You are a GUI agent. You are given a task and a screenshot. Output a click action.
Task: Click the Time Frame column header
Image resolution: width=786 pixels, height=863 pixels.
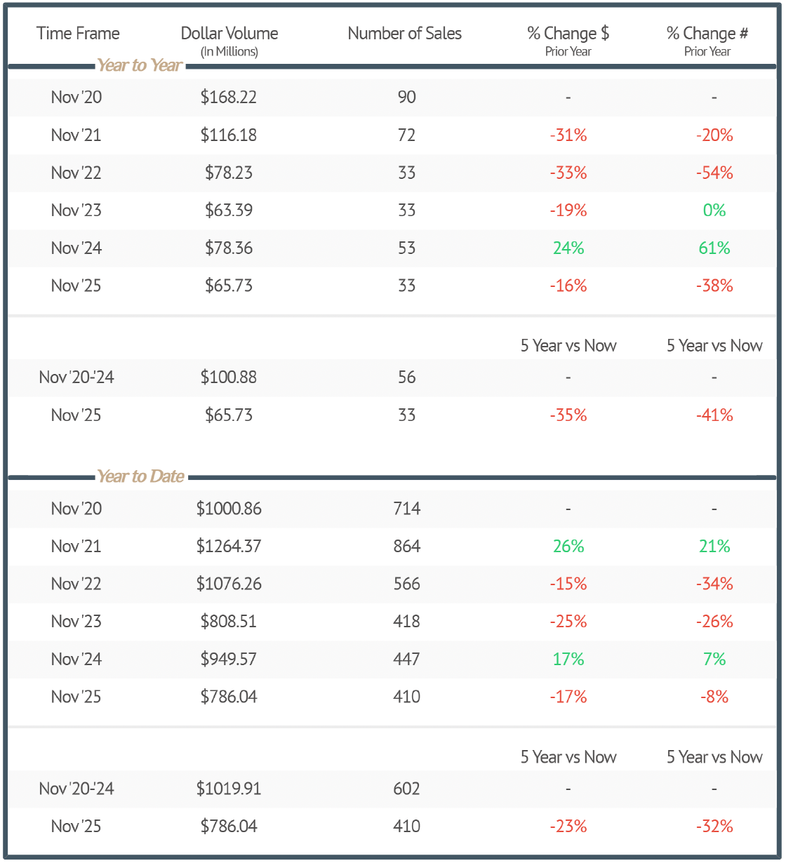78,34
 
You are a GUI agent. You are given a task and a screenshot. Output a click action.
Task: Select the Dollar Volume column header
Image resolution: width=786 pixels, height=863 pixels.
229,34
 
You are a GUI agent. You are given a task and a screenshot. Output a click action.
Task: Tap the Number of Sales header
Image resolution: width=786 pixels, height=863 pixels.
405,34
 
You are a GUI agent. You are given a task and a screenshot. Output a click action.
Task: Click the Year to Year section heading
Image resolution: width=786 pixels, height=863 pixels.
140,65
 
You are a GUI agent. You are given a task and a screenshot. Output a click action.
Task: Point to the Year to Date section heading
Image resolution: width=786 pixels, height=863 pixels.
140,476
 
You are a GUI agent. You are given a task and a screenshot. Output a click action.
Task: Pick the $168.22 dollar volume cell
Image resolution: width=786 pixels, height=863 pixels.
229,97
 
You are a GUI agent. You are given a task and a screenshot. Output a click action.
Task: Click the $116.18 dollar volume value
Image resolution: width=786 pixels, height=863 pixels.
229,135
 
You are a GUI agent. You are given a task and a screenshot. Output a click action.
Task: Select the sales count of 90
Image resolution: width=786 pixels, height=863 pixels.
407,97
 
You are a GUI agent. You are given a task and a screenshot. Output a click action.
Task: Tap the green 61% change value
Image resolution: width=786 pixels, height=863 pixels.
714,248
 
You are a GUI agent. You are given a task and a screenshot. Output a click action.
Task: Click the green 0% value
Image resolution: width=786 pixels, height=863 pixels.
714,210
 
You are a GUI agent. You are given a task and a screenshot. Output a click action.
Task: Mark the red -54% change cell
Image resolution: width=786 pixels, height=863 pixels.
714,173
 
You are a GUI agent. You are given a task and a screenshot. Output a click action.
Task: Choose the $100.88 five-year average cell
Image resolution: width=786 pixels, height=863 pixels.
229,377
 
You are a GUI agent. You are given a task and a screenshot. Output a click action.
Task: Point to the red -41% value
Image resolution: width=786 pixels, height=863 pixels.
714,415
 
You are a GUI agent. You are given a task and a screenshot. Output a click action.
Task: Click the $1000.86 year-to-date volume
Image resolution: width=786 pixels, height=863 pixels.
229,509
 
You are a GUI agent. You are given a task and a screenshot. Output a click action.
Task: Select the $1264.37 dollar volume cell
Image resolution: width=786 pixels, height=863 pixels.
229,547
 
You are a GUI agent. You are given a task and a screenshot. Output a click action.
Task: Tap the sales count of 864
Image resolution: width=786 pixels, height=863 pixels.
407,547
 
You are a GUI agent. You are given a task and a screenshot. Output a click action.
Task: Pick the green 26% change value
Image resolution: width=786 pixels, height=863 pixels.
568,547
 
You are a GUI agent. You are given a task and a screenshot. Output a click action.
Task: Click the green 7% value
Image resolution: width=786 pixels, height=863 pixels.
714,660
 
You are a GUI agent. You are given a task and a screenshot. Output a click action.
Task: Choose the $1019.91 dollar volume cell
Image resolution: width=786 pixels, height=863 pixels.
229,789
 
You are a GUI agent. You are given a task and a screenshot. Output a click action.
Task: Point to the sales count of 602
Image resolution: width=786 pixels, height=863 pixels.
407,789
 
